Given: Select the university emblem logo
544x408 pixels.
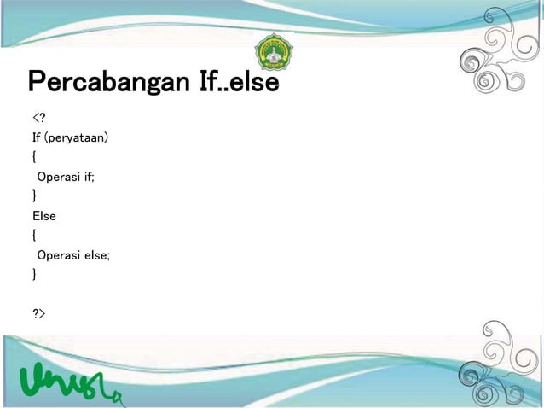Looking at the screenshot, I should [273, 54].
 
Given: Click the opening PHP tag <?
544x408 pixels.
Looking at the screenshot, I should [38, 118].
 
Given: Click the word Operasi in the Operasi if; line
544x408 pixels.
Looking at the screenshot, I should [58, 177].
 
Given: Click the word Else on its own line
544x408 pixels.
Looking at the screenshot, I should [44, 216].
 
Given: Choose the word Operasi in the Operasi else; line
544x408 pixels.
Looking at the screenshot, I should [58, 255].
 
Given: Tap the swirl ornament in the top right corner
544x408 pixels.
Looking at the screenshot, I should [503, 55].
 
